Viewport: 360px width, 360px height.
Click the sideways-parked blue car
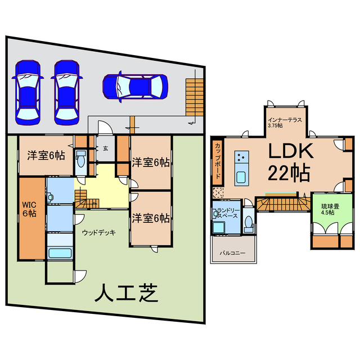tap(136, 86)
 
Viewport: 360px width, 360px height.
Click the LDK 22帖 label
tap(288, 162)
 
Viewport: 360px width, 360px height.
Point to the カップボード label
tap(217, 160)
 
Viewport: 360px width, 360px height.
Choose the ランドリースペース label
tap(228, 214)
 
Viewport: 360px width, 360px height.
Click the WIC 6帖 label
tap(29, 209)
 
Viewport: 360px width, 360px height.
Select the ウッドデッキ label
tap(98, 232)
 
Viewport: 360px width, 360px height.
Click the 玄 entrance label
tap(105, 148)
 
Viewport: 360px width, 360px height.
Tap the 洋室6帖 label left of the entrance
tap(46, 156)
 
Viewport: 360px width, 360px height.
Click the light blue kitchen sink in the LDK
tap(242, 177)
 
